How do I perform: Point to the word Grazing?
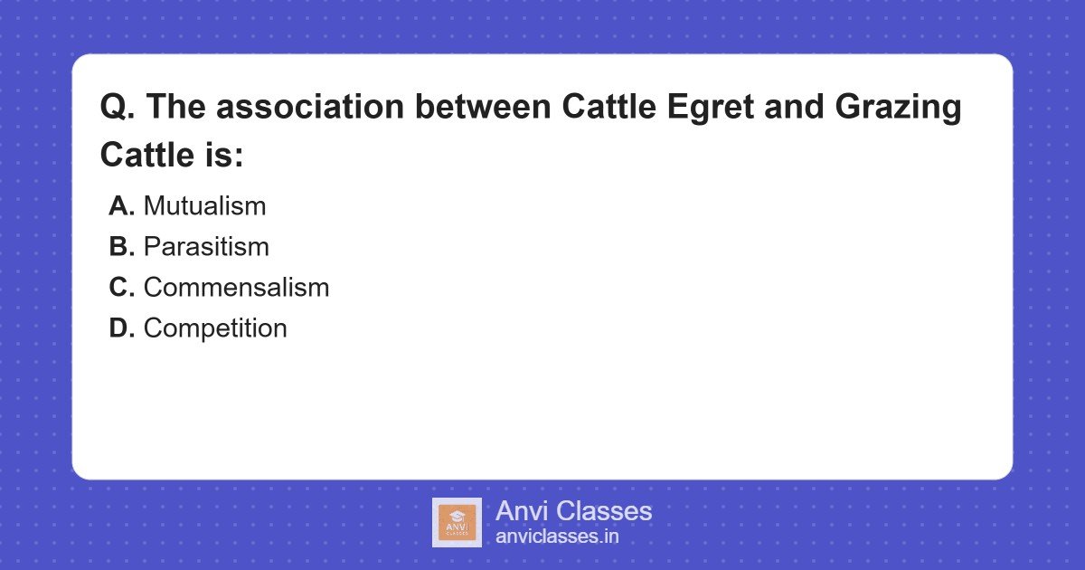click(897, 108)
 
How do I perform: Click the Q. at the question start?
click(118, 108)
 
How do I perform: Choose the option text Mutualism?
click(204, 206)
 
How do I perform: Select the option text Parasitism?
click(206, 247)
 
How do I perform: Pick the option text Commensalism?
click(236, 288)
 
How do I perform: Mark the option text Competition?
click(215, 328)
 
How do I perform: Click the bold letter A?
click(121, 206)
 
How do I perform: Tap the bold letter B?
click(121, 247)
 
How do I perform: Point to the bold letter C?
click(121, 288)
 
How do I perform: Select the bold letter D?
click(121, 328)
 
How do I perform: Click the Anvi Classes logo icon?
click(457, 522)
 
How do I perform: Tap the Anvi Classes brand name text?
click(573, 511)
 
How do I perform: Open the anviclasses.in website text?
click(557, 537)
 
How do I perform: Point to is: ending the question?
click(218, 155)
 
